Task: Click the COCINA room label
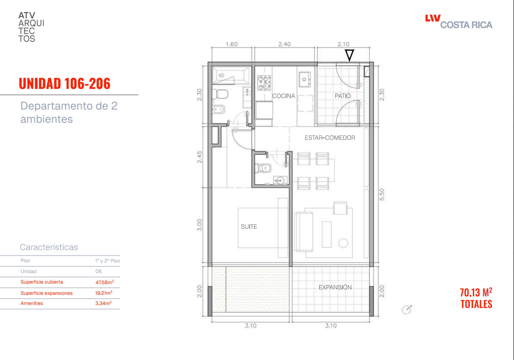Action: coord(284,96)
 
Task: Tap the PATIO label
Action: coord(343,96)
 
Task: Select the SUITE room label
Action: coord(249,227)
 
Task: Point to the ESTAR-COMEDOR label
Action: coord(330,138)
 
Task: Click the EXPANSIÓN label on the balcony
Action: coord(335,287)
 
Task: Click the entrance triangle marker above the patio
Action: coord(349,55)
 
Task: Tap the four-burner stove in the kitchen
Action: coord(264,83)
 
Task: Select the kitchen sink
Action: coord(305,79)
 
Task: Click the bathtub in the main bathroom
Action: coord(231,76)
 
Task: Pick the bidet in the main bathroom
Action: coord(219,109)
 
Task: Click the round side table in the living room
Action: coord(343,243)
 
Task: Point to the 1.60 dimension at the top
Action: coord(232,44)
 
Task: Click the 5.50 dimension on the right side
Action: coord(382,194)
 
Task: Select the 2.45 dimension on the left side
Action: coord(199,157)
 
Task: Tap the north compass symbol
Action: coord(407,309)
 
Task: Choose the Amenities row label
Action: coord(32,303)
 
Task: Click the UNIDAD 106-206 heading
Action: coord(65,83)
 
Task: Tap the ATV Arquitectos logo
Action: coord(31,27)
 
